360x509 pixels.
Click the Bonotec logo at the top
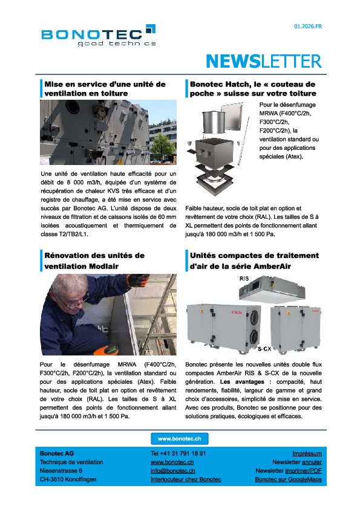(99, 36)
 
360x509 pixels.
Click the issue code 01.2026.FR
(308, 27)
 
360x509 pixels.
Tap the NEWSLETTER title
(263, 61)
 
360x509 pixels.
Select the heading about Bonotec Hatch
(253, 89)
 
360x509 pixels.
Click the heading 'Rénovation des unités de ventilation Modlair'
(94, 261)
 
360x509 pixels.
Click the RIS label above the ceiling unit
(244, 279)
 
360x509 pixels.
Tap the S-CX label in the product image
(264, 349)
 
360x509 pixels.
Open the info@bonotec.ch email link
(172, 470)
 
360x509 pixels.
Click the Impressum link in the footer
(307, 453)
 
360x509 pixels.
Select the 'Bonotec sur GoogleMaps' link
(288, 479)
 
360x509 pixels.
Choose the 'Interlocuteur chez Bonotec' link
(186, 479)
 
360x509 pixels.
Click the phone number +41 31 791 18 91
(178, 453)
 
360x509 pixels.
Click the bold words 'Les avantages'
(243, 382)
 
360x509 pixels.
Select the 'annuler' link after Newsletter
(312, 462)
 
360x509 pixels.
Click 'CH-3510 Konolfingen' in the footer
(68, 479)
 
